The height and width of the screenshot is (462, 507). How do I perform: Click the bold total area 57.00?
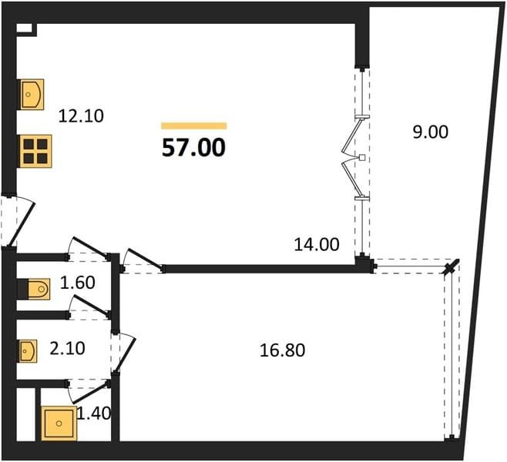(193, 148)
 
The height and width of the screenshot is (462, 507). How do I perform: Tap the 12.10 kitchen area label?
(81, 116)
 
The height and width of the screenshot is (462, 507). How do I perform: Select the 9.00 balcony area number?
(431, 132)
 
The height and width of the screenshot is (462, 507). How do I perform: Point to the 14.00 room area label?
(317, 244)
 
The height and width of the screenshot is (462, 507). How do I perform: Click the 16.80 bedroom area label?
(282, 350)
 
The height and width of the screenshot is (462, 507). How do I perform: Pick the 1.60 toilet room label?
(78, 283)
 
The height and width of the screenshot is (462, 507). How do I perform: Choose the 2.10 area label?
(67, 349)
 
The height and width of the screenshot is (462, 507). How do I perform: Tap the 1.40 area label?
(94, 413)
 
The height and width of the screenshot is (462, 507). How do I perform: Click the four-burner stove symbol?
(35, 151)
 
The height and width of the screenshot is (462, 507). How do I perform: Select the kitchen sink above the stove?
(32, 95)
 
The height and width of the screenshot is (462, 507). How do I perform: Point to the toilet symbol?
(39, 289)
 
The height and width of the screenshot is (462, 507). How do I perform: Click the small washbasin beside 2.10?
(29, 351)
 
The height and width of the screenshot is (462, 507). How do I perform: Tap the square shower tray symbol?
(59, 423)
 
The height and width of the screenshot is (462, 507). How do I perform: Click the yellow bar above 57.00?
(194, 126)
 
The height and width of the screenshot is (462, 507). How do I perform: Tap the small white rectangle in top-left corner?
(25, 28)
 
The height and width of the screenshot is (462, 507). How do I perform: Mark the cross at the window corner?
(451, 267)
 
